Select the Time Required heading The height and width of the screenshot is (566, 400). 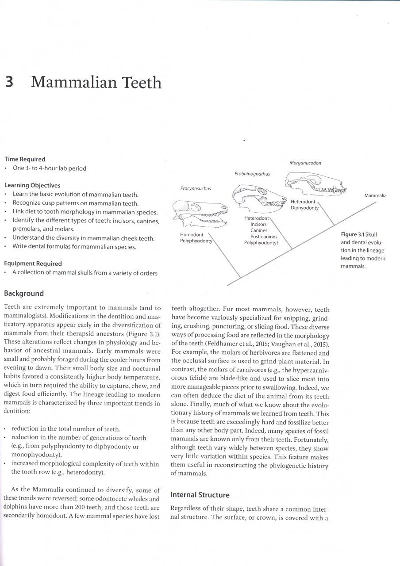coord(25,159)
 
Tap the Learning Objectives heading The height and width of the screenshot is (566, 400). coord(32,185)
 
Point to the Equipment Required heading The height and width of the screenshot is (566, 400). coord(33,264)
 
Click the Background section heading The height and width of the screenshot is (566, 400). coord(24,293)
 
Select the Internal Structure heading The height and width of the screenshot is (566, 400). coord(200,494)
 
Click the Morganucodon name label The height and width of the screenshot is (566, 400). coord(305,163)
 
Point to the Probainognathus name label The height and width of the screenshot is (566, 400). coord(252,174)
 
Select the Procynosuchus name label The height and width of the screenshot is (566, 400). coord(196,188)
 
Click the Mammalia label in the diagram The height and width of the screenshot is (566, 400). coord(375,195)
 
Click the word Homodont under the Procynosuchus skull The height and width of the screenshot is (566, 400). coord(192,234)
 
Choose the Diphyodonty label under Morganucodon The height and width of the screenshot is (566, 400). coord(304,208)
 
